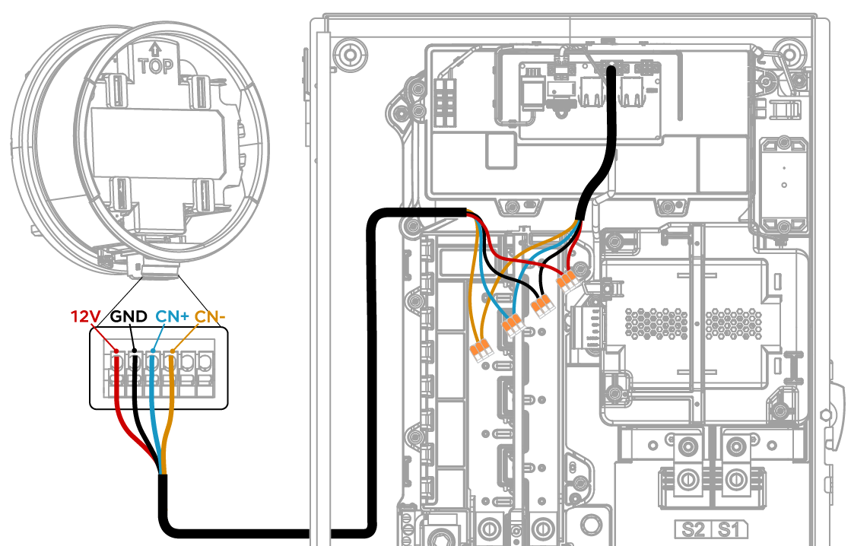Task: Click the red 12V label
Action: point(86,316)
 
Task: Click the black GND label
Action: point(129,316)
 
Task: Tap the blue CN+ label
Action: point(172,316)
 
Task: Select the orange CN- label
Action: point(210,316)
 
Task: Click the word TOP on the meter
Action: point(156,67)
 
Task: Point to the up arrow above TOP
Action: point(155,50)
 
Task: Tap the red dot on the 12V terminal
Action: point(116,351)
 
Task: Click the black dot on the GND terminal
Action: point(134,351)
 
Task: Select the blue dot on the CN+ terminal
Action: point(153,351)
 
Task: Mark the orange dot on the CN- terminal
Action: point(172,351)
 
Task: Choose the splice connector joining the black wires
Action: point(543,306)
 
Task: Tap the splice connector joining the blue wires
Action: point(513,325)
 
